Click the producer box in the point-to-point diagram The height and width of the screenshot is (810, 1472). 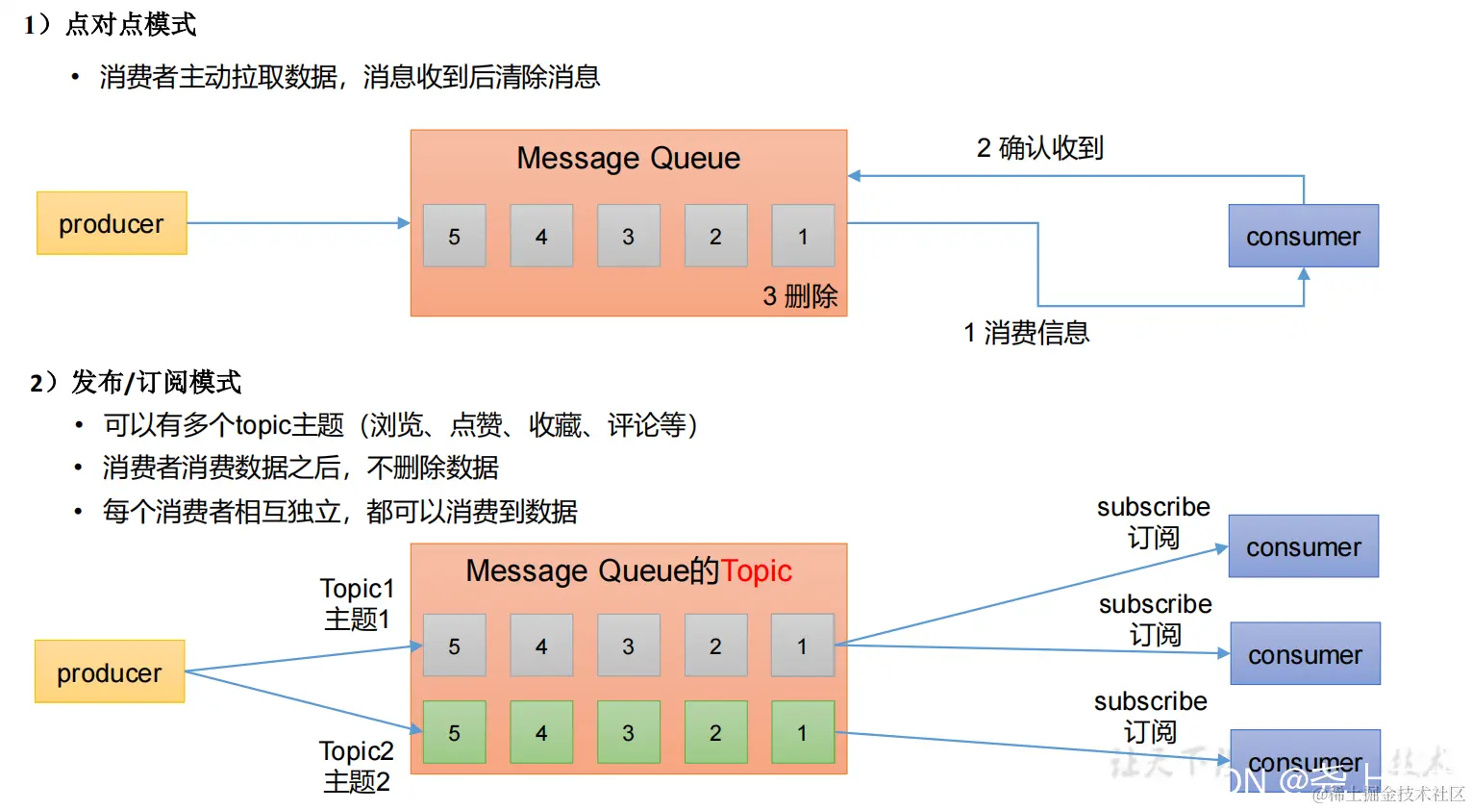coord(112,223)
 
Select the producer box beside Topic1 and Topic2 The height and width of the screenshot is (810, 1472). coord(110,671)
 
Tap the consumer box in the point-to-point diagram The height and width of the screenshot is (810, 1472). coord(1303,236)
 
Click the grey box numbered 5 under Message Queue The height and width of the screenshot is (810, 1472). coord(454,236)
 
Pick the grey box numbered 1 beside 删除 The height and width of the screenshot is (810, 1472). coord(803,236)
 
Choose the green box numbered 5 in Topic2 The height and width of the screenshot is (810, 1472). coord(454,732)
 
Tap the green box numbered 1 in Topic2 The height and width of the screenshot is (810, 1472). coord(803,732)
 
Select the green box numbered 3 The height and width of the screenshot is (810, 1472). coord(628,732)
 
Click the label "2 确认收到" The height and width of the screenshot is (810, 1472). coord(1039,148)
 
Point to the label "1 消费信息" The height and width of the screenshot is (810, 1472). coord(1026,333)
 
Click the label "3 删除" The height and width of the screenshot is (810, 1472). coord(800,296)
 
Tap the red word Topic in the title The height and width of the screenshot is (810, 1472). coord(757,570)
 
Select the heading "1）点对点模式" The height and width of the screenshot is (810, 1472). coord(111,24)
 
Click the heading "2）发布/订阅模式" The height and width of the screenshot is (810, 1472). coord(136,382)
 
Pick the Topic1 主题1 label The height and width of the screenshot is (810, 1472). coord(357,603)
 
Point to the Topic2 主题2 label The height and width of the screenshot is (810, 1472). coord(357,766)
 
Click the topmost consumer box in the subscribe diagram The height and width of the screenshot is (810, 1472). coord(1303,546)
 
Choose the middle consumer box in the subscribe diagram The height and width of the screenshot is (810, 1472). coord(1305,654)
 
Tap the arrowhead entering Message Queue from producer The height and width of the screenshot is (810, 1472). coord(404,223)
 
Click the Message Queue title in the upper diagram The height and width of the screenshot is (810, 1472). coord(628,158)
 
